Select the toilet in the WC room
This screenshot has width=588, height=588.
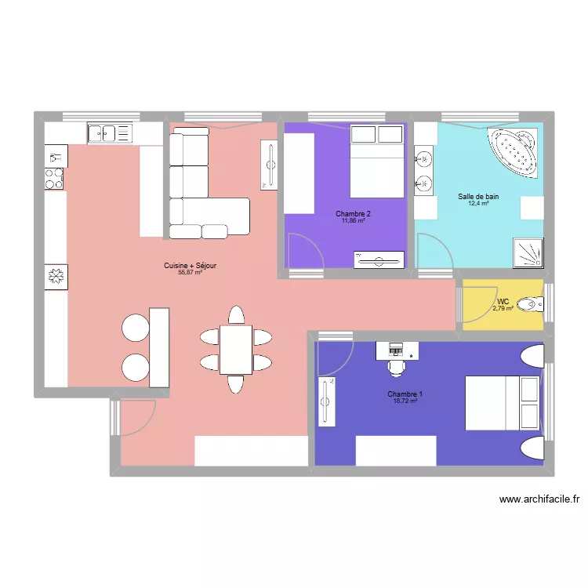pyautogui.click(x=532, y=303)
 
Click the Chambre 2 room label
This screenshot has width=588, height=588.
pyautogui.click(x=353, y=214)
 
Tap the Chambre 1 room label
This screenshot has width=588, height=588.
pyautogui.click(x=405, y=394)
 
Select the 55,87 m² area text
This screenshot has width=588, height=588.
pyautogui.click(x=190, y=273)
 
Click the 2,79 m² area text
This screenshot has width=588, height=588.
pyautogui.click(x=503, y=309)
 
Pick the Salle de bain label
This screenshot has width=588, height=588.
pyautogui.click(x=478, y=197)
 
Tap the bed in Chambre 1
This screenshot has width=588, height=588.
pyautogui.click(x=502, y=402)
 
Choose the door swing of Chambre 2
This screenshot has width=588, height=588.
pyautogui.click(x=304, y=251)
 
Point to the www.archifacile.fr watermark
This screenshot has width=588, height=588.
pyautogui.click(x=539, y=499)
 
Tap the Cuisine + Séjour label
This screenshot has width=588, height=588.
pyautogui.click(x=190, y=266)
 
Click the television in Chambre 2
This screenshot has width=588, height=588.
pyautogui.click(x=379, y=260)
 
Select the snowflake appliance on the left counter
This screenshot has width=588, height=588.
pyautogui.click(x=56, y=277)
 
